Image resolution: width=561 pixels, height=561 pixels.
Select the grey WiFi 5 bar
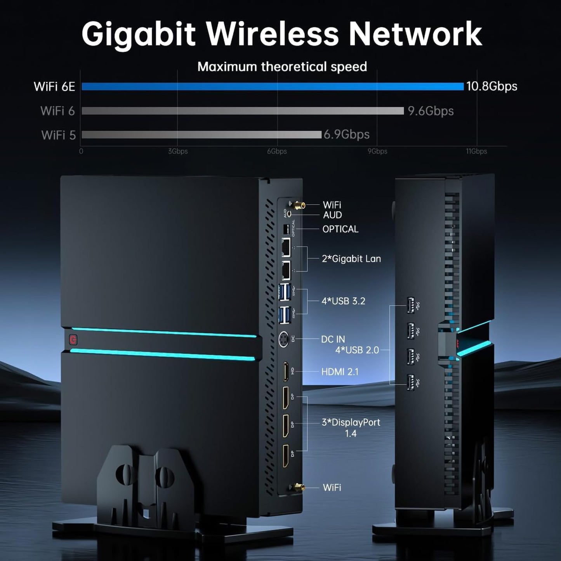(x=201, y=135)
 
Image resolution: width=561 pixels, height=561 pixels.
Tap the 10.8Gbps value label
(x=492, y=86)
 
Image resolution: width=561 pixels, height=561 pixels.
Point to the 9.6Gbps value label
(x=431, y=111)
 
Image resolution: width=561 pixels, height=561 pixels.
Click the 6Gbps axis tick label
(x=277, y=151)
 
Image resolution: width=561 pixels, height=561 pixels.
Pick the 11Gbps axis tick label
(x=476, y=151)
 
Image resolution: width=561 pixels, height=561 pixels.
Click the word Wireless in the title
(x=272, y=34)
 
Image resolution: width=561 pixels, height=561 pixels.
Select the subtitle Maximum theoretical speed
(x=282, y=67)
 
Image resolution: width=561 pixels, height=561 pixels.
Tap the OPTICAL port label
(x=340, y=229)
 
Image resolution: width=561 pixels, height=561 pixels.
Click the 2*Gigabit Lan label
(x=351, y=259)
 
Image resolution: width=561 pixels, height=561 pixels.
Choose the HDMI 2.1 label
(x=340, y=372)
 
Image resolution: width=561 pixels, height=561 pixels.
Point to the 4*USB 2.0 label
(x=357, y=350)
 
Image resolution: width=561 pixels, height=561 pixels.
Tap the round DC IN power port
(x=284, y=339)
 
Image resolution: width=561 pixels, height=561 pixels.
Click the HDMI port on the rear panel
(x=286, y=372)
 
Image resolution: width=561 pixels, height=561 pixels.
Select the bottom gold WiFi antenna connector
(x=297, y=487)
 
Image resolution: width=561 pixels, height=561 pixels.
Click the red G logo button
(x=73, y=340)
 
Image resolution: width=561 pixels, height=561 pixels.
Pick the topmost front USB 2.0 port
(x=410, y=305)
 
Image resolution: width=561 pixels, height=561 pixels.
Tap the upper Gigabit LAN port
(x=286, y=247)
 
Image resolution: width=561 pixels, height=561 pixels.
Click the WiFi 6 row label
(x=57, y=111)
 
